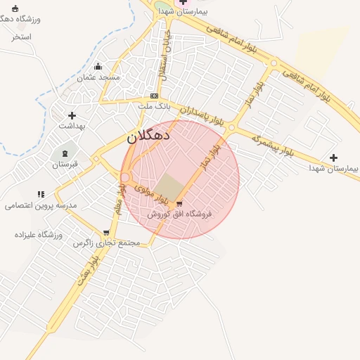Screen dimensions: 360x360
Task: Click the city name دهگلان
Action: (x=152, y=136)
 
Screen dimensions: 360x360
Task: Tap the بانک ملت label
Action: (x=154, y=106)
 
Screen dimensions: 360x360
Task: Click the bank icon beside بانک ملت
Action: (x=154, y=96)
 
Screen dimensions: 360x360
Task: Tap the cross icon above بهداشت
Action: (x=72, y=115)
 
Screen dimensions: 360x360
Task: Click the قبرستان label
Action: (x=66, y=164)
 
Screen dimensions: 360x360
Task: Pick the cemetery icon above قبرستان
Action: (x=65, y=153)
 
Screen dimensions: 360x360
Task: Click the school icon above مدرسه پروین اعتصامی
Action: (x=41, y=194)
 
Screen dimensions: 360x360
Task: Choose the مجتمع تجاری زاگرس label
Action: (x=107, y=243)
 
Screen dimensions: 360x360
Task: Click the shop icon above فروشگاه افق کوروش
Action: (x=179, y=204)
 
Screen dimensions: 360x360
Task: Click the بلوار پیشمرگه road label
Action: (x=272, y=144)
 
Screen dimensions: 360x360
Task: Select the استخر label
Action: (x=22, y=36)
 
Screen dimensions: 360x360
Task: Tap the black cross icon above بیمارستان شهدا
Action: (x=333, y=157)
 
